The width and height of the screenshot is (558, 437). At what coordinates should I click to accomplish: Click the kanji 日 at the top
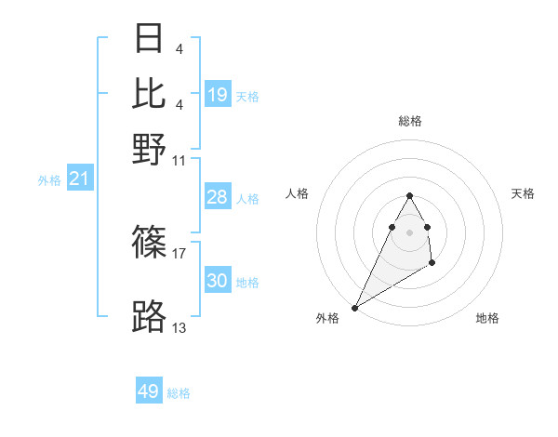coord(149,39)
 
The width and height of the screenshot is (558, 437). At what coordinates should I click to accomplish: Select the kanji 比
coord(149,93)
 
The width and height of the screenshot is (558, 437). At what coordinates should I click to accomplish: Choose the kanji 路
coord(149,316)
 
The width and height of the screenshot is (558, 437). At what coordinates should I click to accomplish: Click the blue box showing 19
coord(217,94)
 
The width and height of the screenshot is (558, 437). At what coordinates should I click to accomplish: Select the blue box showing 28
coord(217,197)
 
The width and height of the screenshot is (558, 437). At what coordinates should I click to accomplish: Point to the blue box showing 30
coord(217,281)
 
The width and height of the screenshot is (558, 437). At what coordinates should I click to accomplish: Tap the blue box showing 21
coord(79,179)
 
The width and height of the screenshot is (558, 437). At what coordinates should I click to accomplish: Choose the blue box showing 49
coord(149,391)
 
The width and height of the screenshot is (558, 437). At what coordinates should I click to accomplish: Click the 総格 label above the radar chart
coord(410,121)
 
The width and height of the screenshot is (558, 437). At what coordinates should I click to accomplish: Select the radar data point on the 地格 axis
coord(432,264)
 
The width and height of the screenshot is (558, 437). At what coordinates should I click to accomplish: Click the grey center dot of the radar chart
coord(410,231)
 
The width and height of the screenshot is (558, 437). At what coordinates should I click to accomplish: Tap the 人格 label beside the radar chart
coord(298,193)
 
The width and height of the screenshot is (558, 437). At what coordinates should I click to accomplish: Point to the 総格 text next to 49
coord(179,393)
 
